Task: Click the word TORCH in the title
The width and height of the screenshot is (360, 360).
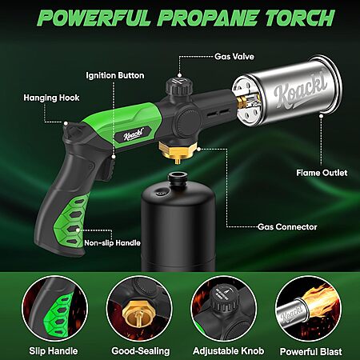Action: pos(299,18)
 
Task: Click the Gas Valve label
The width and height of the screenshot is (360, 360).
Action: pos(234,57)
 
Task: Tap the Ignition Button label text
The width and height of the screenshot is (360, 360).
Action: pos(115,75)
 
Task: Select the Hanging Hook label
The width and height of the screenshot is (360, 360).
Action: pos(51,98)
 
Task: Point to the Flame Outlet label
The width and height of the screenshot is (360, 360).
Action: pos(322,173)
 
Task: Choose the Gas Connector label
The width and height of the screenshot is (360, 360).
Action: pos(287,227)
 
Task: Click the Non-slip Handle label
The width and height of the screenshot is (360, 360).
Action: pos(112,243)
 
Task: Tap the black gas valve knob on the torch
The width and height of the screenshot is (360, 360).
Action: pos(178,86)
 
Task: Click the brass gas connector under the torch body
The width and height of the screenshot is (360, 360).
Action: pos(178,152)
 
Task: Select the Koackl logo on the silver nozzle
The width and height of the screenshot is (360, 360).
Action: pos(300,88)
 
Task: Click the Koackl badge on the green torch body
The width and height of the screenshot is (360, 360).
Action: pos(134,134)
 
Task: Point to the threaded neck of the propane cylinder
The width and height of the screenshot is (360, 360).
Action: pos(177,178)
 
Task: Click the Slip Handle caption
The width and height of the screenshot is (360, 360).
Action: pos(54,351)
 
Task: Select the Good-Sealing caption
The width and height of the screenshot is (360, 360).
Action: pos(141,351)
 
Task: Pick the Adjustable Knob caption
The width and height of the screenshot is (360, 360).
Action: pos(229,351)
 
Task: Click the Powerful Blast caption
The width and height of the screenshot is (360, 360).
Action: pos(311,351)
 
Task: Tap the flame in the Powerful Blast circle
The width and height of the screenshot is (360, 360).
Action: pos(320,302)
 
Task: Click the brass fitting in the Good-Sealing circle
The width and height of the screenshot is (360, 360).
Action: pos(136,314)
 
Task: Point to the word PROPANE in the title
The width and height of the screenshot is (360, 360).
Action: pos(207,18)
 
